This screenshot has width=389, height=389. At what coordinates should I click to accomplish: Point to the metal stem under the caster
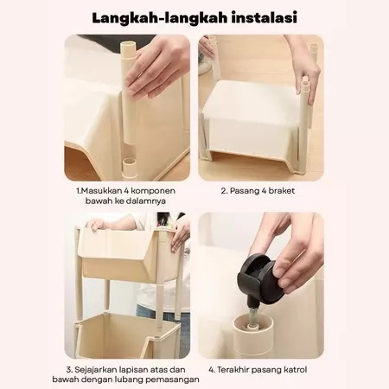(252, 315)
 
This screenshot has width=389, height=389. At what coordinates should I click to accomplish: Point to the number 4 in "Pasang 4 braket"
(263, 191)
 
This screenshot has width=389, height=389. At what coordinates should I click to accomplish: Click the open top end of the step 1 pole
(128, 45)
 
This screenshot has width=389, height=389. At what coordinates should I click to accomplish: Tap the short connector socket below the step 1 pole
(130, 168)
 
